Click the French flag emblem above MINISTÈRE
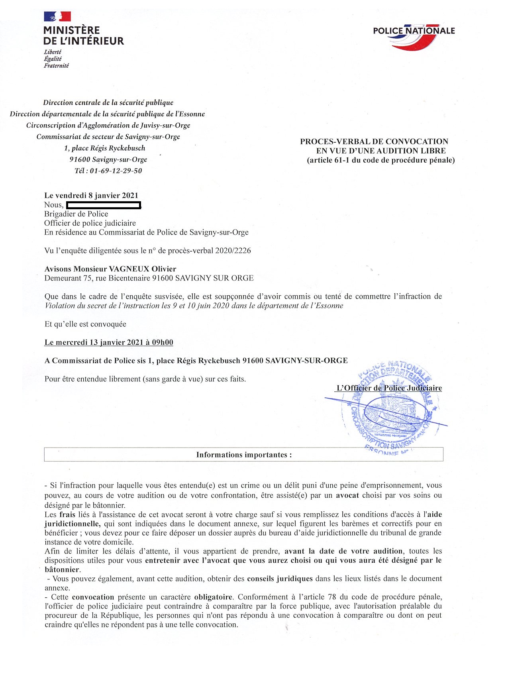57,16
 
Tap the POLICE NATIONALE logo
414,36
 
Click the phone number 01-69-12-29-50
116,171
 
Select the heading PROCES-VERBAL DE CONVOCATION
374,141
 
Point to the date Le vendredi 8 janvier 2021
91,195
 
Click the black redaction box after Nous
104,205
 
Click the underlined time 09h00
162,342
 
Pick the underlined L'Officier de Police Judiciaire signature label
389,388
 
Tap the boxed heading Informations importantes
243,455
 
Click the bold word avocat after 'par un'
347,495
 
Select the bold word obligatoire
213,597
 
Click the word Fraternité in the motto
56,65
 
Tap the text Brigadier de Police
76,214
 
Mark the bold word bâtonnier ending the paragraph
62,569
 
